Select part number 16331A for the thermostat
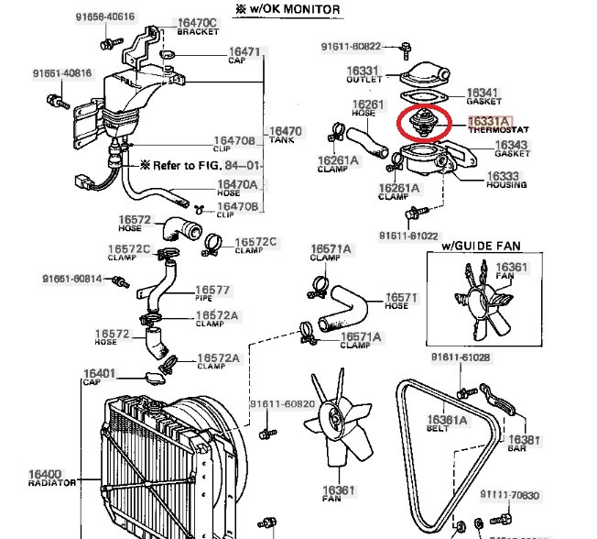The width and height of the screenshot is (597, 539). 490,121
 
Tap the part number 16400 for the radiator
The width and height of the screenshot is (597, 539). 45,475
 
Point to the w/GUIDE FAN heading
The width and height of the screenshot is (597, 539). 476,246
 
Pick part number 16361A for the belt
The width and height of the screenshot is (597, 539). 447,420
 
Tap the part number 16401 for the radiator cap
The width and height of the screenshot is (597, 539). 99,373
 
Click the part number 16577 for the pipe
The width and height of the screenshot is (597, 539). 212,290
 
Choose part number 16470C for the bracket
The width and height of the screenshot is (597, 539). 197,22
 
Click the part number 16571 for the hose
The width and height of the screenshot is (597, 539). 402,297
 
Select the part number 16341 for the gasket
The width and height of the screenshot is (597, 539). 483,93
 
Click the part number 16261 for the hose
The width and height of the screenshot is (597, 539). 368,104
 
